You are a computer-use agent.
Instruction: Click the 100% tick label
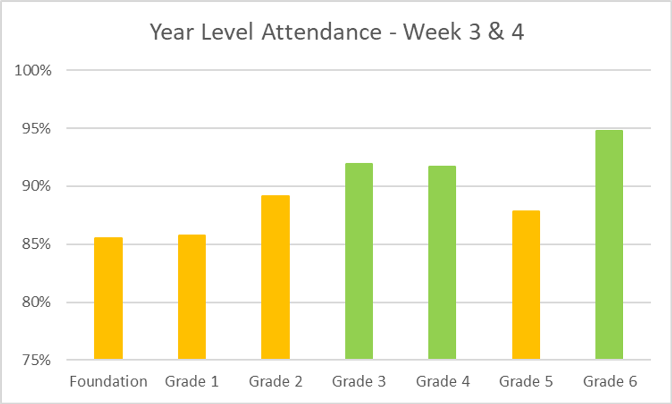(x=34, y=71)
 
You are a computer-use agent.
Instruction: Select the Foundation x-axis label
(x=108, y=382)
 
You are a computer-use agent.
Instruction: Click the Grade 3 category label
(x=359, y=382)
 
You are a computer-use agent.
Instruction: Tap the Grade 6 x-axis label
(x=610, y=382)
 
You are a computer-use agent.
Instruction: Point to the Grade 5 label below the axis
(x=526, y=382)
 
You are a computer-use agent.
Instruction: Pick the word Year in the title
(x=170, y=32)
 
